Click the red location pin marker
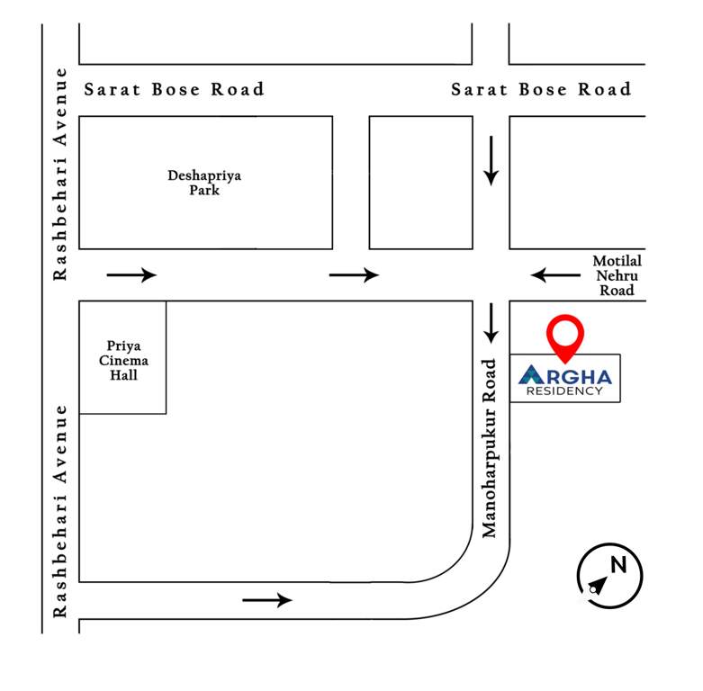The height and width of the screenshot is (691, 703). point(565,337)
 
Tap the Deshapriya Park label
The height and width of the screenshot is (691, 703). point(204,183)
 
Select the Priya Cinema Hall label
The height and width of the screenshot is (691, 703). point(123,360)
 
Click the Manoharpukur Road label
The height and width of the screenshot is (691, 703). point(491,448)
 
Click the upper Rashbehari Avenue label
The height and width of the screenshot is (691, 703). point(60,174)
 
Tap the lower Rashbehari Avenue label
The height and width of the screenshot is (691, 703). point(60,510)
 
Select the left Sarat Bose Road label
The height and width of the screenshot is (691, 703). point(174,89)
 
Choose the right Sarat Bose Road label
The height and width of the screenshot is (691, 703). point(541,89)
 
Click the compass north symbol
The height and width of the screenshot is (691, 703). point(609,576)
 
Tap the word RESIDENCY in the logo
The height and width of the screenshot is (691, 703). point(565,390)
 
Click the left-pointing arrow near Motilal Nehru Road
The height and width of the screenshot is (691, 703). point(555,274)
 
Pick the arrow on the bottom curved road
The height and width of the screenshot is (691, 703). point(267,599)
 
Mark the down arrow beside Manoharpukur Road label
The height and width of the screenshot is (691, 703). point(491,322)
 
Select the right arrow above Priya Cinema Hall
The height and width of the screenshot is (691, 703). point(131,274)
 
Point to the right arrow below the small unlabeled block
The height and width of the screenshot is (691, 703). point(354,274)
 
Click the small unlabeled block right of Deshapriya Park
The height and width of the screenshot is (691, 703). point(420,183)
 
